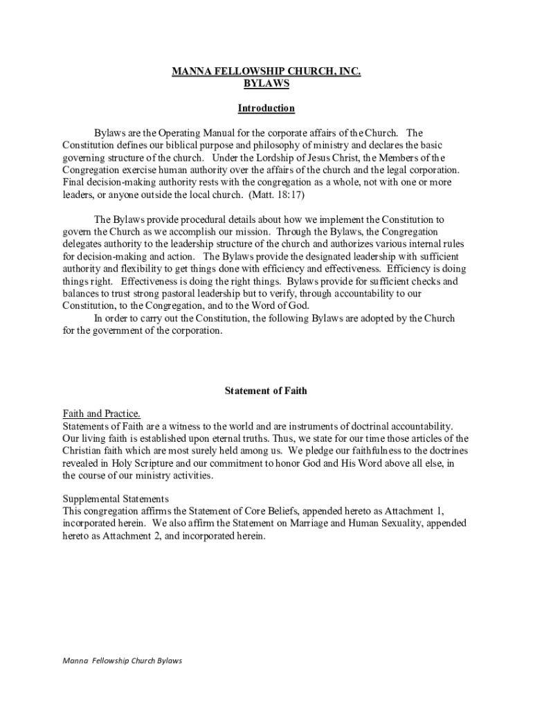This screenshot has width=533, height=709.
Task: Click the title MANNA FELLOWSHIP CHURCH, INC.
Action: tap(266, 71)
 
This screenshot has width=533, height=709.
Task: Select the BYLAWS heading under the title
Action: tap(266, 84)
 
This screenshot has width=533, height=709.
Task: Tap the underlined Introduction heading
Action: tap(266, 109)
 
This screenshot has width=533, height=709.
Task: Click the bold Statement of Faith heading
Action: tap(266, 391)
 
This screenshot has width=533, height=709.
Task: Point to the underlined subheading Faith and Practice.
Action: tap(102, 414)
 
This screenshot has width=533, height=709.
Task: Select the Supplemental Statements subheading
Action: tap(116, 499)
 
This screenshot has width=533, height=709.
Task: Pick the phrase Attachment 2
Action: tap(123, 536)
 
